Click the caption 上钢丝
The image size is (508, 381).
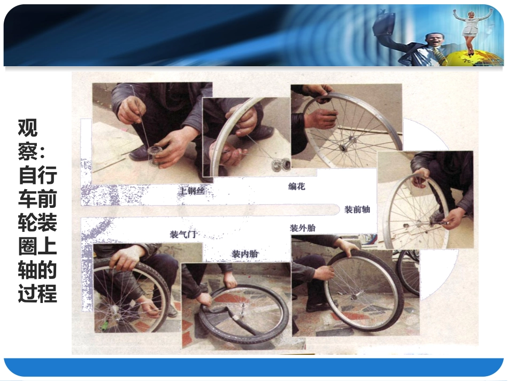[x=192, y=191]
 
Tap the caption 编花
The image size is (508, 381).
[x=297, y=186]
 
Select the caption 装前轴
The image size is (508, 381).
[x=357, y=209]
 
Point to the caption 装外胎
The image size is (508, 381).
[x=303, y=228]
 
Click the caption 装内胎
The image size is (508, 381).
[x=245, y=254]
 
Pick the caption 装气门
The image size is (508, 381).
[x=183, y=234]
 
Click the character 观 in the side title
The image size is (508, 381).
[x=28, y=128]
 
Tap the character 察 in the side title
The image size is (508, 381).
[x=28, y=151]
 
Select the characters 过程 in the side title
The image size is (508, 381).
[x=37, y=293]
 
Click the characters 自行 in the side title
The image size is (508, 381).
[x=37, y=175]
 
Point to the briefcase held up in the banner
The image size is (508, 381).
[x=385, y=24]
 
